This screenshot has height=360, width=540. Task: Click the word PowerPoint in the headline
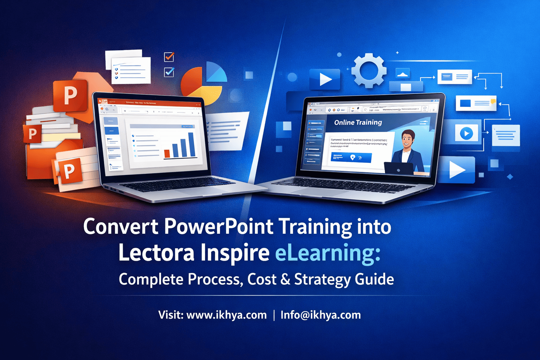(218, 227)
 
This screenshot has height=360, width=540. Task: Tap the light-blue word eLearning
(327, 253)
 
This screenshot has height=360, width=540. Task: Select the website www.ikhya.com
(226, 315)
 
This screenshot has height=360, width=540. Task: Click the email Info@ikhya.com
(321, 315)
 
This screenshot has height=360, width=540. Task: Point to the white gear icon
(369, 70)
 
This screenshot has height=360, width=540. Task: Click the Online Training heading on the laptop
(358, 122)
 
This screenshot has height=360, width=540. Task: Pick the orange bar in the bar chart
(167, 153)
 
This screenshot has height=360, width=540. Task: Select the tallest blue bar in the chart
(192, 144)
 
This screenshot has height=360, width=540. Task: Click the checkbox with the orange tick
(169, 57)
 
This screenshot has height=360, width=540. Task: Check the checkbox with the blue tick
(169, 72)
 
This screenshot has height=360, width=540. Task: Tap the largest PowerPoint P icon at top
(70, 95)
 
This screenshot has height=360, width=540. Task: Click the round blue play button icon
(467, 134)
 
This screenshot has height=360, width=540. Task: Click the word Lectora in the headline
(156, 253)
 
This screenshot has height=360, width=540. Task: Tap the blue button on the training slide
(351, 157)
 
